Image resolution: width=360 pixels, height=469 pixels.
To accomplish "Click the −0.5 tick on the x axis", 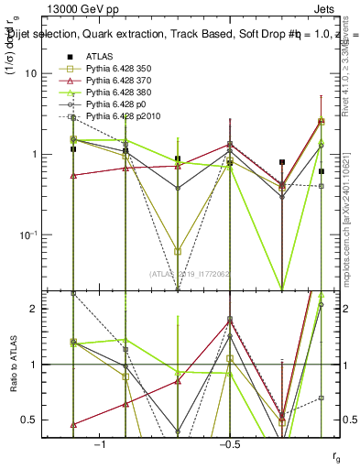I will pos(229,442).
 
